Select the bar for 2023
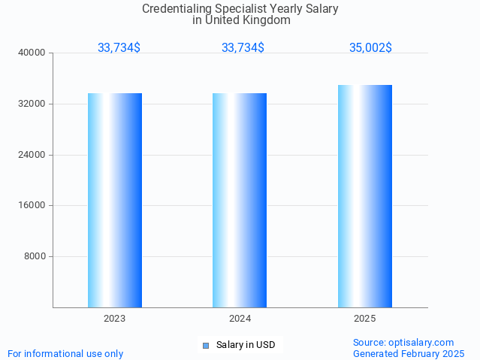click(x=115, y=200)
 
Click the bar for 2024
click(x=240, y=200)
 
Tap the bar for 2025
click(x=365, y=196)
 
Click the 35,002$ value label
click(x=370, y=47)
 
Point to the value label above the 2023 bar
click(x=119, y=47)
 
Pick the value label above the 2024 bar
click(x=243, y=47)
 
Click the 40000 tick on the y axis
click(x=32, y=53)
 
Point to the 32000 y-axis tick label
click(x=32, y=104)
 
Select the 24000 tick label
click(x=32, y=155)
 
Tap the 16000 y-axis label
click(x=32, y=206)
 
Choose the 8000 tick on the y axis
click(x=35, y=256)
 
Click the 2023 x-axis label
click(x=115, y=319)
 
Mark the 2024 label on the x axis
click(x=240, y=319)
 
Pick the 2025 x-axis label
click(x=365, y=319)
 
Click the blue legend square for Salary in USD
click(x=206, y=346)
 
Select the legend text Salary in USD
click(x=246, y=346)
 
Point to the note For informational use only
click(x=65, y=353)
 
